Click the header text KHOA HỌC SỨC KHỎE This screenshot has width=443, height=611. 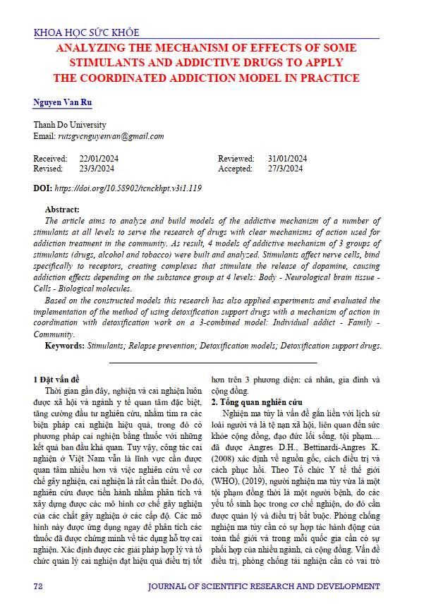[x=86, y=32]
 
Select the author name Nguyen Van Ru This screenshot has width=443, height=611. [x=62, y=102]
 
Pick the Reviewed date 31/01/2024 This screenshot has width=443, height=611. [x=287, y=158]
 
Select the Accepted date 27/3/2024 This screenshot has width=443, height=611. [x=285, y=169]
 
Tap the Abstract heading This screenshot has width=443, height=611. [x=62, y=210]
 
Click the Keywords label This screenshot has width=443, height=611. [x=65, y=346]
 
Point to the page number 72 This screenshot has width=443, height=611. [x=39, y=587]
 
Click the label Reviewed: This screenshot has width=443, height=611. [x=236, y=158]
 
